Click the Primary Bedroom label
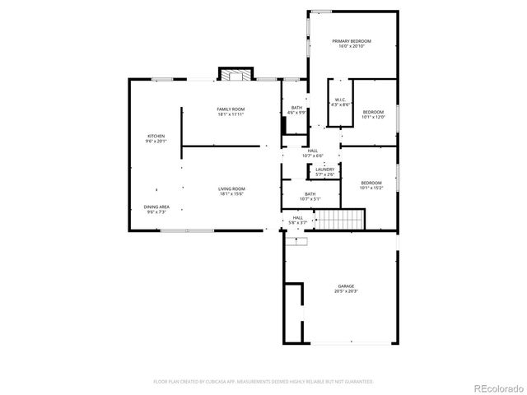click(x=352, y=41)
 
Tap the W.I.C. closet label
click(x=340, y=100)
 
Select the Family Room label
click(x=231, y=109)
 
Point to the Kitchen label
click(x=156, y=136)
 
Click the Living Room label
click(x=231, y=189)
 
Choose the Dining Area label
click(x=156, y=207)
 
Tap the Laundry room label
click(x=324, y=170)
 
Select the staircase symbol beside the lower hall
click(x=341, y=220)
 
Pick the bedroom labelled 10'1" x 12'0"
click(x=373, y=114)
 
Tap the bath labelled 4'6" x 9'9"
click(x=296, y=110)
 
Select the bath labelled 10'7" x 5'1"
click(x=310, y=196)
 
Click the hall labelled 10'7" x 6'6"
click(x=313, y=153)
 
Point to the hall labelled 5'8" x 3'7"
click(x=297, y=221)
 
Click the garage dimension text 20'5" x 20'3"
click(x=345, y=291)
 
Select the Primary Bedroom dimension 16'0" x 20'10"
click(x=352, y=46)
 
